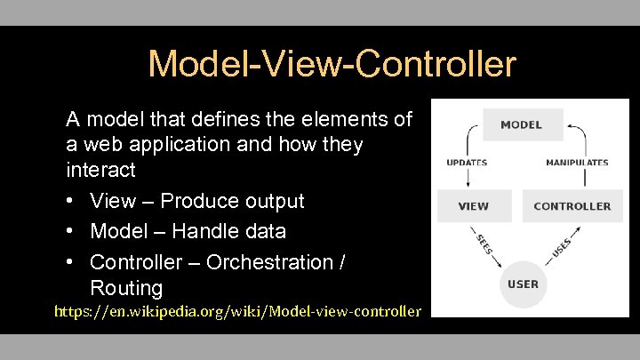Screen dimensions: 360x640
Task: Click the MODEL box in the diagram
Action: click(x=522, y=124)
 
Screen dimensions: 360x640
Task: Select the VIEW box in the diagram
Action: click(x=473, y=205)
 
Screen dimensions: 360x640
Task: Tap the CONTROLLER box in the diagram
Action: click(x=572, y=205)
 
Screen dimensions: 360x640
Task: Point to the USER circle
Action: click(x=523, y=284)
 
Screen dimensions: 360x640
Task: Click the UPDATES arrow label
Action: click(x=466, y=163)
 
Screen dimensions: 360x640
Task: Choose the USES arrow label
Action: click(x=561, y=242)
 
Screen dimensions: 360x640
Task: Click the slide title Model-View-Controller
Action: click(x=331, y=64)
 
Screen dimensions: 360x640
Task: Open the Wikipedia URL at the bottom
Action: click(x=237, y=311)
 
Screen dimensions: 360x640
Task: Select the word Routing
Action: click(x=126, y=288)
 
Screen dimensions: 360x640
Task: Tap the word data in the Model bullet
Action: click(x=265, y=231)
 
